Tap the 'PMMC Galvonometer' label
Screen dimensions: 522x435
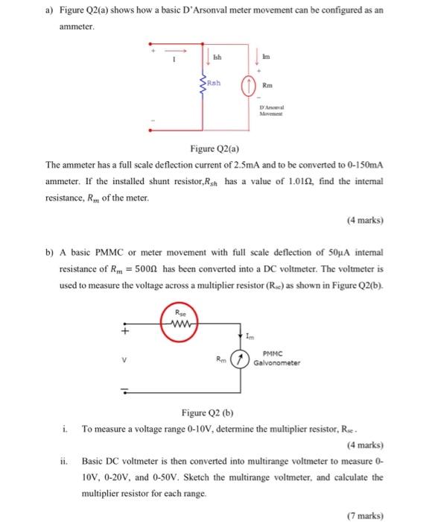tap(277, 361)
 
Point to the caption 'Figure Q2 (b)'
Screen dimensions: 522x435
tap(207, 413)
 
